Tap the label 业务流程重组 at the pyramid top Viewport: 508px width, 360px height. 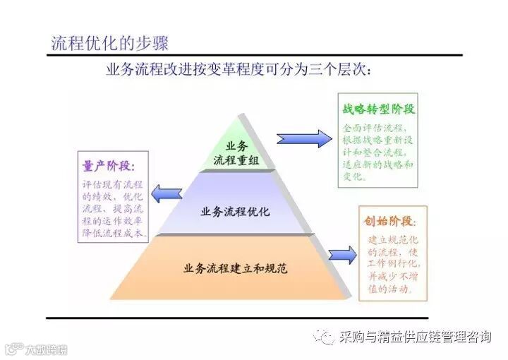236,153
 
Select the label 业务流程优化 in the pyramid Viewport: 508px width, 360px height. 236,211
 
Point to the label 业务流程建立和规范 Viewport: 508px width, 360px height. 236,268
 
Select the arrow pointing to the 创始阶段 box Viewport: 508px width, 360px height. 342,255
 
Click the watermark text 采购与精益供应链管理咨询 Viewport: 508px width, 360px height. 415,337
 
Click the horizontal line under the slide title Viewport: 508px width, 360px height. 254,55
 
